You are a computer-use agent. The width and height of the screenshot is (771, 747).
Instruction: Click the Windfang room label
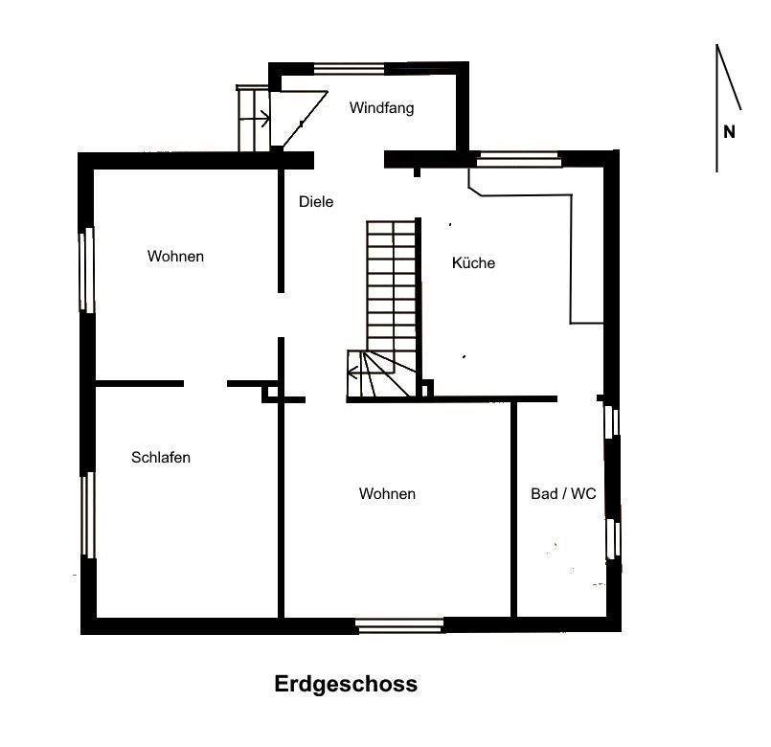point(381,108)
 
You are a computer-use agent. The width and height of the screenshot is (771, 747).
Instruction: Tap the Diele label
point(315,202)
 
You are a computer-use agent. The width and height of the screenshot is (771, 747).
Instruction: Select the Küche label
point(473,262)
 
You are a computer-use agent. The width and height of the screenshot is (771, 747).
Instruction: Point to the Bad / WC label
point(563,494)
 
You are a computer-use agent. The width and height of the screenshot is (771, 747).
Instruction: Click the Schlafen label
point(160,458)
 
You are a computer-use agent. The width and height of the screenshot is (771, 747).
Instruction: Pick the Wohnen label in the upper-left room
point(175,257)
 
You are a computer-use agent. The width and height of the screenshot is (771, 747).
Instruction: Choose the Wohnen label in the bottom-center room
point(387,494)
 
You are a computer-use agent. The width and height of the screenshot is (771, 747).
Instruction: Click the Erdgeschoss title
point(346,685)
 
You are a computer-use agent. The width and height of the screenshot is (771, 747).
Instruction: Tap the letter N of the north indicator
point(729,133)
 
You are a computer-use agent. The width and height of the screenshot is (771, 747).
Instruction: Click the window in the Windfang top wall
point(350,68)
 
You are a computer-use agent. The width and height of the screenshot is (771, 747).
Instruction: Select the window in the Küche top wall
point(520,158)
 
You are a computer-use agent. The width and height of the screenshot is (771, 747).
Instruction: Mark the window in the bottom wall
point(399,626)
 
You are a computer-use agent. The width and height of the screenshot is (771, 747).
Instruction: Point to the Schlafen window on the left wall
point(86,514)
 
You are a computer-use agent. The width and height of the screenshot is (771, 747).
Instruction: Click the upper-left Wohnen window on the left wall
point(86,269)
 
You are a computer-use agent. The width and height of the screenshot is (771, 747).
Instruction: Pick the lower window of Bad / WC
point(614,538)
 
